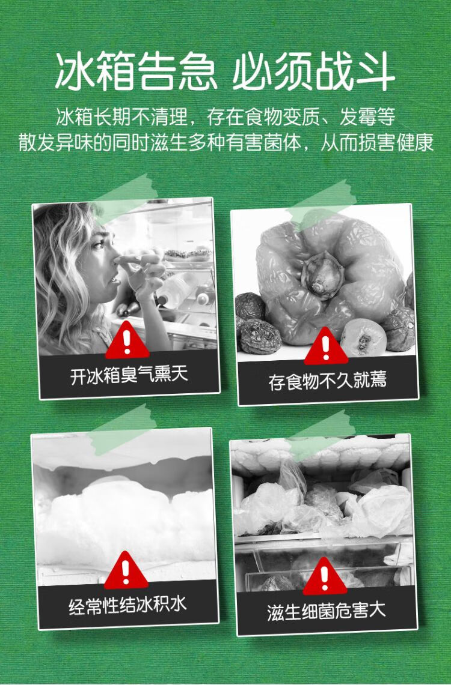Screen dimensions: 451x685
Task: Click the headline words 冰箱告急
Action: (136, 71)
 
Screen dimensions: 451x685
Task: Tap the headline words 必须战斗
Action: (314, 71)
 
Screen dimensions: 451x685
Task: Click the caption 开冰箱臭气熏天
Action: (129, 375)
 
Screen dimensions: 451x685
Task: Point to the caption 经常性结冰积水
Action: (127, 605)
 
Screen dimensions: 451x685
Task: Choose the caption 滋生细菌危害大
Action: (327, 611)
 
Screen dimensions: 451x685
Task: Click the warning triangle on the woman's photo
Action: (127, 340)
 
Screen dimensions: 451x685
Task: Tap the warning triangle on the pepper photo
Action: (326, 346)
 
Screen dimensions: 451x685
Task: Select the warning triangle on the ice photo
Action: (126, 570)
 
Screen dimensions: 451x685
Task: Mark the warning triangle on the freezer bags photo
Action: (325, 576)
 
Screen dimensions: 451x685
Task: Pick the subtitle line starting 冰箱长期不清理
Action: (226, 116)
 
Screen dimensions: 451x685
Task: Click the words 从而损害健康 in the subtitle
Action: (377, 142)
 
